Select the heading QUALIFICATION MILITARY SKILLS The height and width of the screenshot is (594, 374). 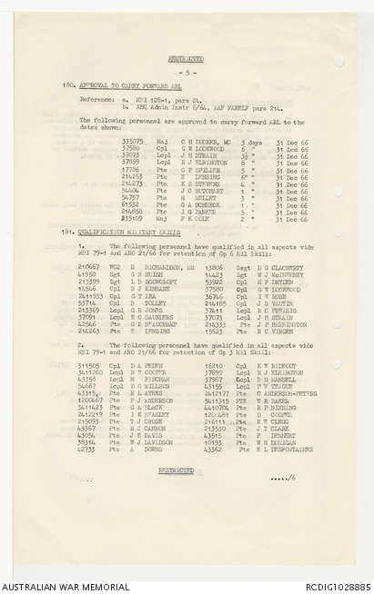(x=123, y=232)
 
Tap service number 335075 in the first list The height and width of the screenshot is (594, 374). (x=131, y=142)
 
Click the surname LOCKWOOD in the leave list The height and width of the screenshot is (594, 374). (x=205, y=148)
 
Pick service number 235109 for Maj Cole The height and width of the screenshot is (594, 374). (x=131, y=219)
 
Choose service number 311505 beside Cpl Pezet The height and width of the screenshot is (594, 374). (x=88, y=365)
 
